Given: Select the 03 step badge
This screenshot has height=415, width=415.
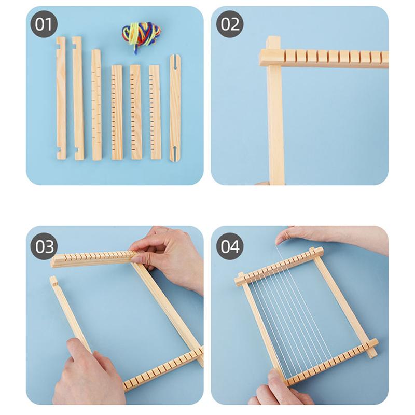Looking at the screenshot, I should (44, 246).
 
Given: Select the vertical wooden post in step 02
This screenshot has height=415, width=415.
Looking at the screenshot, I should (275, 125).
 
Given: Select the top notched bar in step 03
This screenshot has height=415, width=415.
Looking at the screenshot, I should (93, 258).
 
